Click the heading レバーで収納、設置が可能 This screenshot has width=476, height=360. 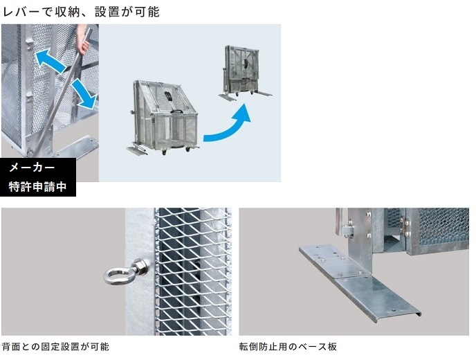[x=81, y=12]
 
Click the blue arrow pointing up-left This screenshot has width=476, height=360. [x=50, y=62]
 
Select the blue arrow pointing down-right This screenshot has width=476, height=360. [x=86, y=93]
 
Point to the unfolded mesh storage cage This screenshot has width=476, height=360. [x=163, y=118]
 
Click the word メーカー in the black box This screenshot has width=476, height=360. [x=32, y=168]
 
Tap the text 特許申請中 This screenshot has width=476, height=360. [x=37, y=186]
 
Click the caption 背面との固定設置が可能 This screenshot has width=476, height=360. [x=55, y=347]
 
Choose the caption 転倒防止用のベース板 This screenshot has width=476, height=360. [x=288, y=347]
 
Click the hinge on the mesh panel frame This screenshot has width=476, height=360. [x=405, y=226]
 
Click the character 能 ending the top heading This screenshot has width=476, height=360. [x=154, y=12]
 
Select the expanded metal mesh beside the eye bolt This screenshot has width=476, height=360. [x=193, y=271]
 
